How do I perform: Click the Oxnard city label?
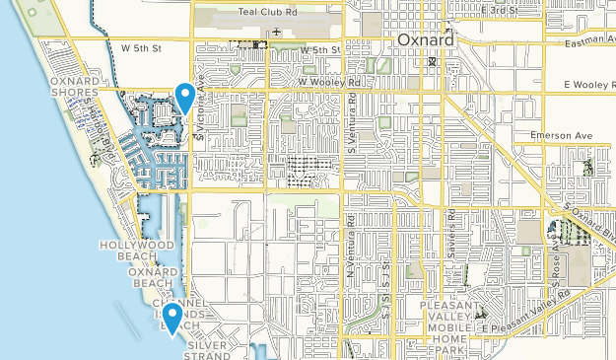click(427, 40)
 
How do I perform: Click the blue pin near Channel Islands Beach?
click(172, 318)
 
